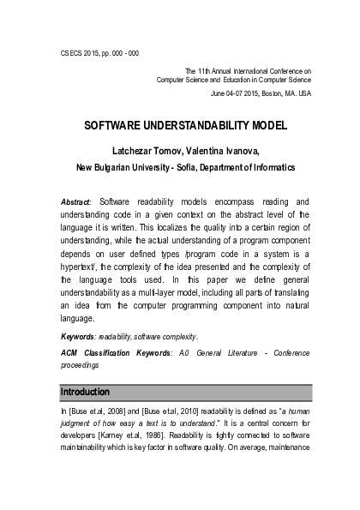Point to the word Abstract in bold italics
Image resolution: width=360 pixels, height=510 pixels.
tap(76, 201)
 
